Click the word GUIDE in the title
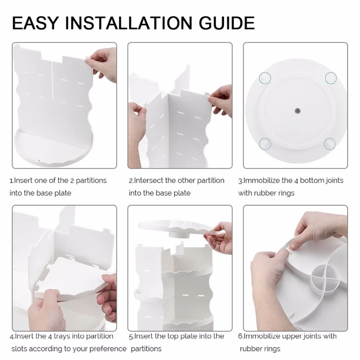[226, 23]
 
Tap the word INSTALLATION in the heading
[129, 23]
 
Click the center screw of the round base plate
[297, 111]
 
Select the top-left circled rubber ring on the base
[265, 78]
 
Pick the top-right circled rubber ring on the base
[331, 78]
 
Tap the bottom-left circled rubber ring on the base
[265, 144]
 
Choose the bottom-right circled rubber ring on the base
[330, 144]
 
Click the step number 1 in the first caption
[11, 181]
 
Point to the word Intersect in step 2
[149, 180]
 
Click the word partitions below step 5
[146, 349]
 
